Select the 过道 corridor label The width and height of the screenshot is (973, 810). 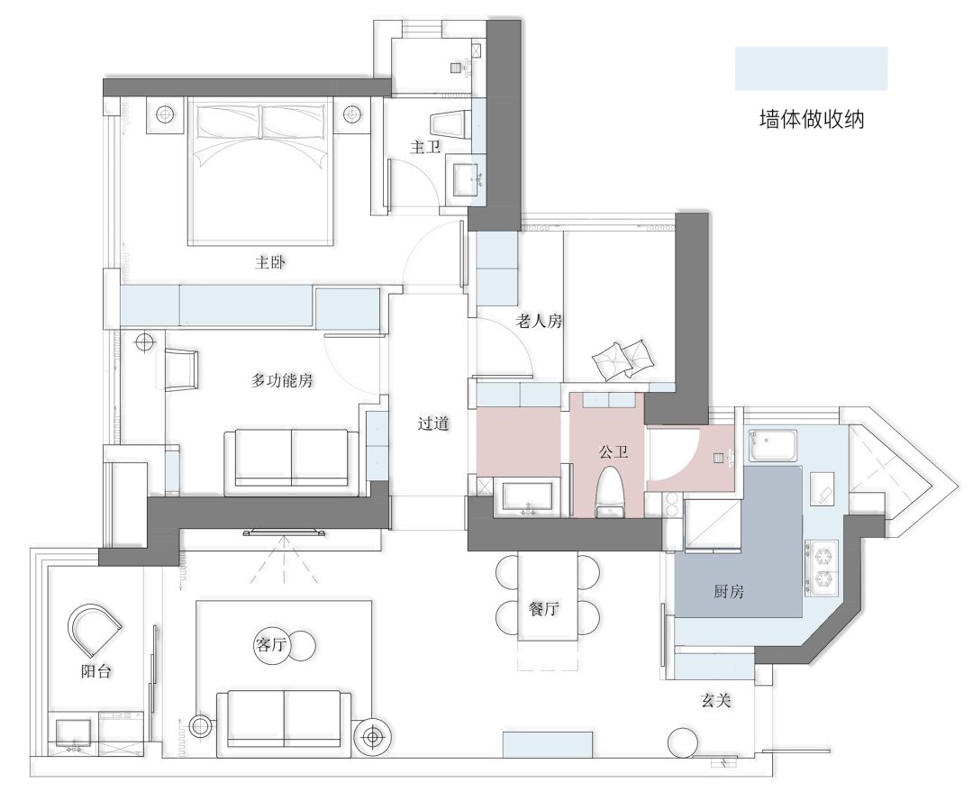pyautogui.click(x=433, y=423)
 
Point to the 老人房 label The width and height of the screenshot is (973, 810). pyautogui.click(x=539, y=321)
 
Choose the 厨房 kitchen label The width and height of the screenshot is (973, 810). pyautogui.click(x=729, y=592)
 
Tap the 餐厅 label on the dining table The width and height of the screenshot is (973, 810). pyautogui.click(x=544, y=609)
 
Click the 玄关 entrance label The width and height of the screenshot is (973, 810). pyautogui.click(x=715, y=699)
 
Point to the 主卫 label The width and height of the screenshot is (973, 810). pyautogui.click(x=425, y=146)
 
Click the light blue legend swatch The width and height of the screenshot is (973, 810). pyautogui.click(x=811, y=68)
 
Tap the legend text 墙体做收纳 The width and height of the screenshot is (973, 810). pyautogui.click(x=811, y=120)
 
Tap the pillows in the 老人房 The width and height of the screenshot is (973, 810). pyautogui.click(x=623, y=359)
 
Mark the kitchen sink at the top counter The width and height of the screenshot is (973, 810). pyautogui.click(x=773, y=445)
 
